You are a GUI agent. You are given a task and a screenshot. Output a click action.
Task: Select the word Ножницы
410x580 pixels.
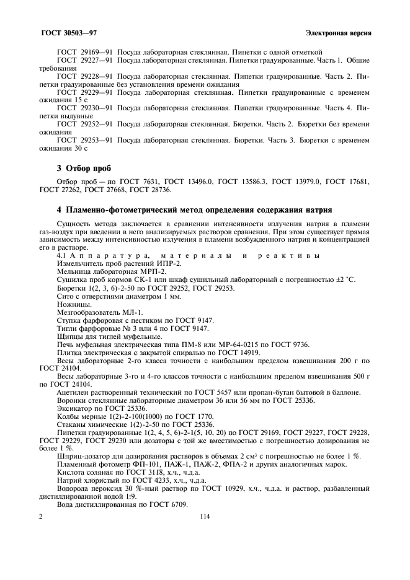tap(74, 304)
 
